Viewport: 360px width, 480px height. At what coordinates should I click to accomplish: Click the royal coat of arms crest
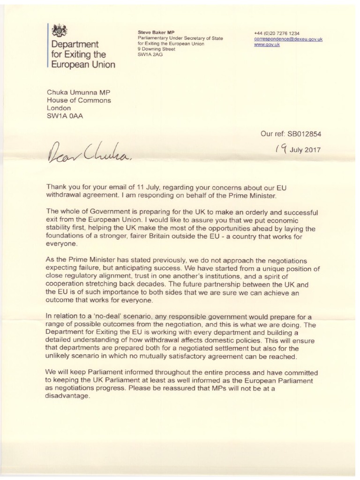(x=60, y=30)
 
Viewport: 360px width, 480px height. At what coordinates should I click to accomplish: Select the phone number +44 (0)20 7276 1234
(x=276, y=33)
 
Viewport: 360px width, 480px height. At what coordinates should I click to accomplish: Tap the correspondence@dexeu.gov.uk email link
(x=288, y=39)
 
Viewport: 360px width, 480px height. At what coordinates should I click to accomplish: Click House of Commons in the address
(x=79, y=100)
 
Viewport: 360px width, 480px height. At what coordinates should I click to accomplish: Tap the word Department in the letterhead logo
(x=75, y=45)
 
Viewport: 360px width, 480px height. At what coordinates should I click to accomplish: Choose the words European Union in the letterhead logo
(x=83, y=65)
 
